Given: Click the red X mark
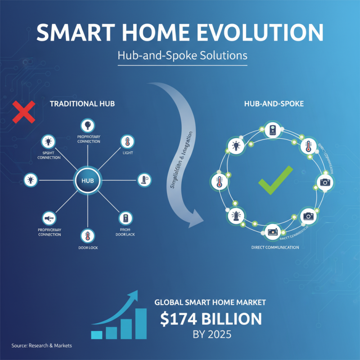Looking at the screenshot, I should pyautogui.click(x=24, y=112).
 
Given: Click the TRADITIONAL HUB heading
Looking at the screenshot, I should pyautogui.click(x=82, y=103).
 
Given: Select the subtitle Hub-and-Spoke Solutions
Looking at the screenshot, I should pyautogui.click(x=182, y=56).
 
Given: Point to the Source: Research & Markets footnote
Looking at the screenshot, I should pyautogui.click(x=41, y=346).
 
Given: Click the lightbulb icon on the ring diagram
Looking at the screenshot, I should pyautogui.click(x=235, y=146).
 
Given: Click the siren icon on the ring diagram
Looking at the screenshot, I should pyautogui.click(x=234, y=216).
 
